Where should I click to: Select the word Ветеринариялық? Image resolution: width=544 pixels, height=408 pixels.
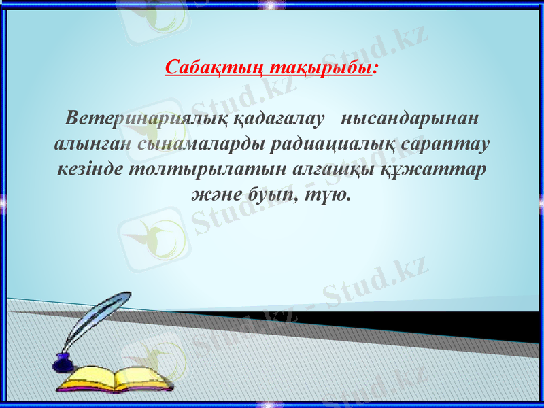point(148,118)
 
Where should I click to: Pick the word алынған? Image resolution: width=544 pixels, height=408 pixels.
point(92,144)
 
